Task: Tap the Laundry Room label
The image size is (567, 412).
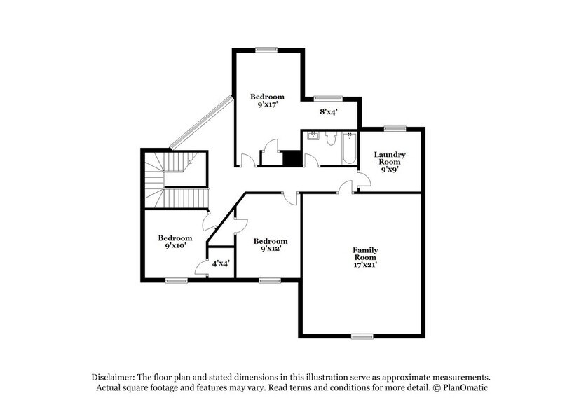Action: pyautogui.click(x=390, y=158)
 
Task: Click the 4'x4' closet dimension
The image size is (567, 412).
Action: pyautogui.click(x=221, y=263)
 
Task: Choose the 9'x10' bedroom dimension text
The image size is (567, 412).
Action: pyautogui.click(x=175, y=246)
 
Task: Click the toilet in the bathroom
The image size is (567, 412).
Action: pyautogui.click(x=331, y=139)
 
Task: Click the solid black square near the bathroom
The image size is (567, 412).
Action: pyautogui.click(x=292, y=159)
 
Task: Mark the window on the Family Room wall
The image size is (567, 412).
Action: pyautogui.click(x=362, y=336)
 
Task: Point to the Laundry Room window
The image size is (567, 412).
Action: pyautogui.click(x=395, y=128)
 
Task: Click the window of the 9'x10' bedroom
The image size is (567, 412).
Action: pyautogui.click(x=177, y=280)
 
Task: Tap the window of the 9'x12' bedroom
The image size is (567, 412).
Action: pyautogui.click(x=269, y=280)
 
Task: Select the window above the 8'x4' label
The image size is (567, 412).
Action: pyautogui.click(x=327, y=98)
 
